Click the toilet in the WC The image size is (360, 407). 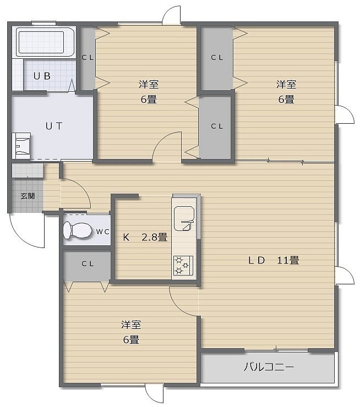click(x=78, y=230)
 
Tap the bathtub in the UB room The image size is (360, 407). click(x=46, y=42)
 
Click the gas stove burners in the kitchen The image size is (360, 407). click(x=183, y=265)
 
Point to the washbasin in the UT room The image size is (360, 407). click(x=21, y=146)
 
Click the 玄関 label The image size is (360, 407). click(x=28, y=196)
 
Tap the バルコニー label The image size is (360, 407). click(x=269, y=367)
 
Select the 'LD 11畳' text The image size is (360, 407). click(x=274, y=260)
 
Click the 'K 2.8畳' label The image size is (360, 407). click(x=145, y=237)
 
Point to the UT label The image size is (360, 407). click(x=54, y=126)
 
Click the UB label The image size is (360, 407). click(x=42, y=76)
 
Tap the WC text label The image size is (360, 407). click(x=102, y=232)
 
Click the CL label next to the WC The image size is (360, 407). click(x=88, y=263)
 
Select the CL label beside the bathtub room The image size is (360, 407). click(x=88, y=58)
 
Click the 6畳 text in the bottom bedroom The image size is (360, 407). click(x=131, y=339)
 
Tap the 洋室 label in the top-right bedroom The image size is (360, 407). click(x=286, y=84)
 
